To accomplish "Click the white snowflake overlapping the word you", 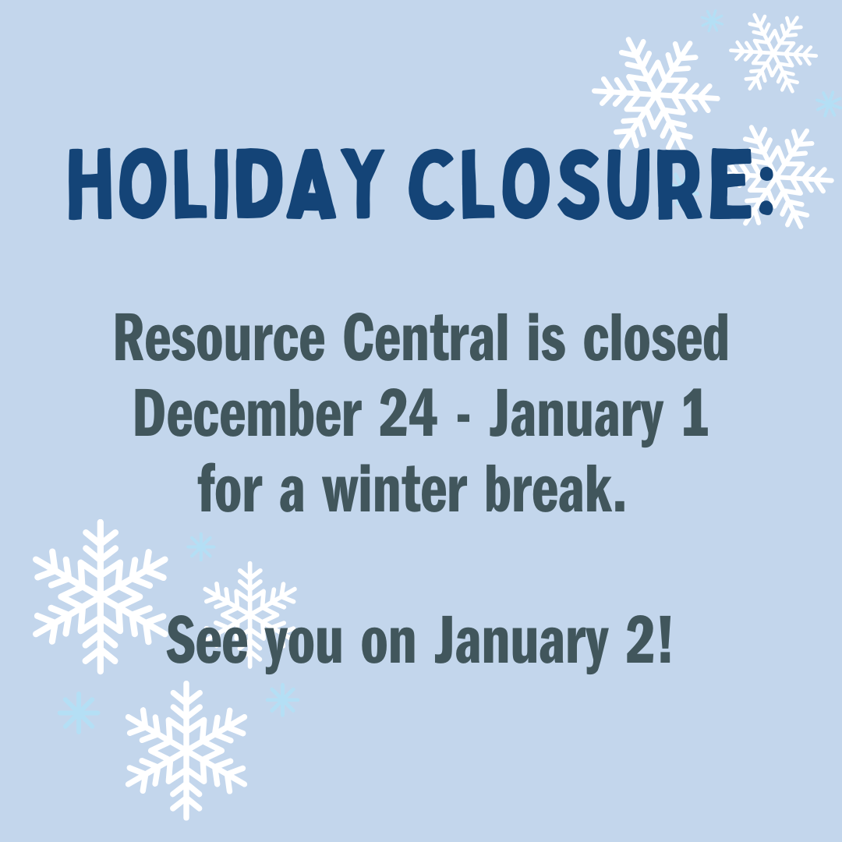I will click(x=249, y=604).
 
